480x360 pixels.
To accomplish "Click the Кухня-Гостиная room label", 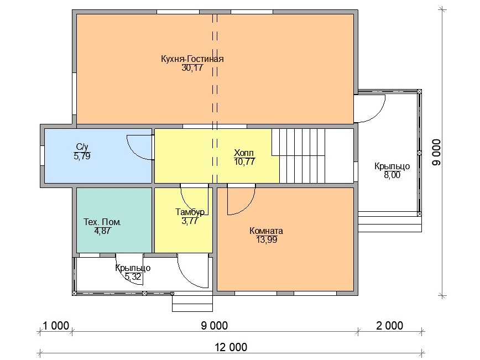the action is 192,59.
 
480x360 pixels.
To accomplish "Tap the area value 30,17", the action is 192,67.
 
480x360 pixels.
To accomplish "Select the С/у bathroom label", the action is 82,147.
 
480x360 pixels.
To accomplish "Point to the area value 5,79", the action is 82,156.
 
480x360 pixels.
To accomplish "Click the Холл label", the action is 244,153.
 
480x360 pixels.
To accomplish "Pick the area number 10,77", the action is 244,161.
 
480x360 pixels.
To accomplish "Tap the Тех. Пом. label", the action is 102,222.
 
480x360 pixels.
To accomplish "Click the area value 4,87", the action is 102,231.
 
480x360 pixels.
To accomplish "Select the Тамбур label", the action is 190,212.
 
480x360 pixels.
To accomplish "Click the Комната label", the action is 267,231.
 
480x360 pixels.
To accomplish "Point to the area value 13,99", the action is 267,239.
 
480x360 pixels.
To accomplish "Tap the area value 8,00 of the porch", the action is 392,175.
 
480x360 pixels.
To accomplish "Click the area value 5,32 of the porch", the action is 133,276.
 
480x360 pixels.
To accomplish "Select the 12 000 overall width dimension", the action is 231,347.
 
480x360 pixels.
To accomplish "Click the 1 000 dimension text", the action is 56,325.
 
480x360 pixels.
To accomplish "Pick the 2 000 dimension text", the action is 389,325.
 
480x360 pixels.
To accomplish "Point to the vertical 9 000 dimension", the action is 437,153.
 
